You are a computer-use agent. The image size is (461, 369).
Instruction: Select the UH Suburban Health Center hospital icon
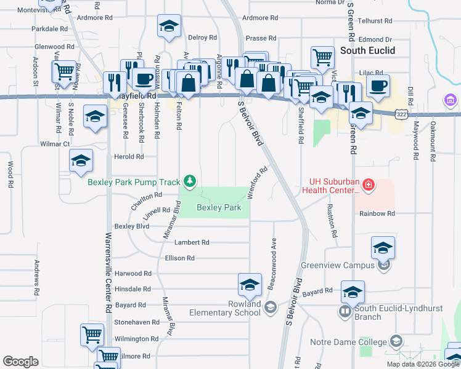tap(369, 184)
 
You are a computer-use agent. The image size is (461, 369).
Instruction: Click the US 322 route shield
tap(401, 114)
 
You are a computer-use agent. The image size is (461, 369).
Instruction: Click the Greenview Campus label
tap(337, 266)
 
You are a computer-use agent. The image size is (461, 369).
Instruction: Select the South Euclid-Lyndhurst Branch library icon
tap(345, 312)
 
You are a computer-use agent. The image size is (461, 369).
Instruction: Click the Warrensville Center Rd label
tap(108, 271)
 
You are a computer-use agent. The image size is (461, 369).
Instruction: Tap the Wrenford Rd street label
tap(259, 180)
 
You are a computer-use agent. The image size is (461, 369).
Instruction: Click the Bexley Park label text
tap(219, 208)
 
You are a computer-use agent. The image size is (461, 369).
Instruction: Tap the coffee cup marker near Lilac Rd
tap(378, 86)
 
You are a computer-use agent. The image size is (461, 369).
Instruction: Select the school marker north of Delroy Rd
tap(169, 26)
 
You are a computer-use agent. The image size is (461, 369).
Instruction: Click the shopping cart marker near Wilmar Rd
tap(64, 72)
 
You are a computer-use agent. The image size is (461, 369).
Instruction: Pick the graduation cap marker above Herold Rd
tap(81, 161)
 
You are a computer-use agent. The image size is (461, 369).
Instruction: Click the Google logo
tap(21, 362)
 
